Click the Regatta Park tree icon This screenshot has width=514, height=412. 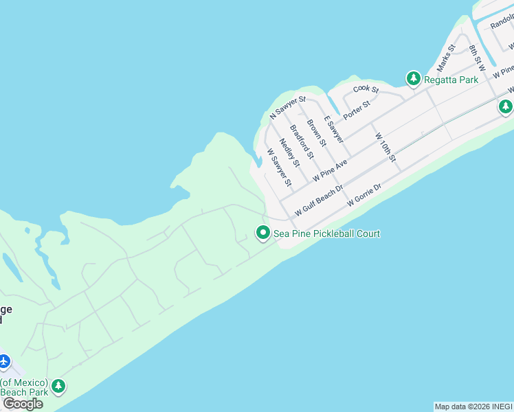pyautogui.click(x=413, y=80)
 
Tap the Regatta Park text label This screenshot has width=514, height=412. pyautogui.click(x=451, y=80)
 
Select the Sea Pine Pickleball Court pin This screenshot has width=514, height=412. pyautogui.click(x=262, y=233)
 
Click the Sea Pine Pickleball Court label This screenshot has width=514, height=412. pyautogui.click(x=327, y=233)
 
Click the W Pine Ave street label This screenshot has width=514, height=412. pyautogui.click(x=331, y=168)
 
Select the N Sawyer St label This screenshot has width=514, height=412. pyautogui.click(x=288, y=108)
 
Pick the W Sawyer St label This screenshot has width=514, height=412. pyautogui.click(x=280, y=168)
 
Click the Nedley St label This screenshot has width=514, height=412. pyautogui.click(x=289, y=152)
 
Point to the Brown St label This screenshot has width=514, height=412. pyautogui.click(x=316, y=133)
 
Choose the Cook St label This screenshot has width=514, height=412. pyautogui.click(x=366, y=90)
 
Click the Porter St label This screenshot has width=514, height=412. pyautogui.click(x=357, y=108)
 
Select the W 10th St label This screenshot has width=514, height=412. pyautogui.click(x=385, y=148)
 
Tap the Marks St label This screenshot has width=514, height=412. pyautogui.click(x=447, y=58)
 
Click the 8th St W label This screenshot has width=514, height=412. pyautogui.click(x=477, y=58)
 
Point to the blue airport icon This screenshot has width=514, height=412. pyautogui.click(x=4, y=360)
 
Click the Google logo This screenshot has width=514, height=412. pyautogui.click(x=22, y=404)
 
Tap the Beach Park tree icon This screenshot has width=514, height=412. pyautogui.click(x=58, y=386)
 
